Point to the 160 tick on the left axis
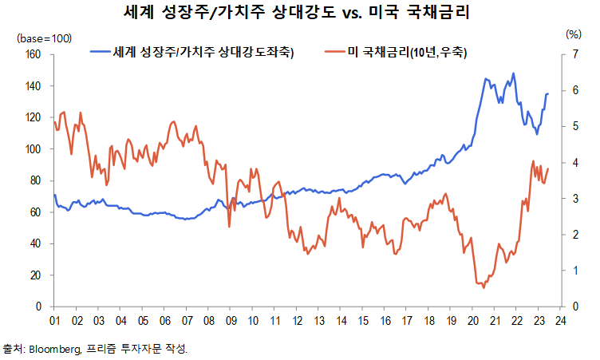[x=33, y=54]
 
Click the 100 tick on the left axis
[x=33, y=149]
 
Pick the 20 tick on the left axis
[x=35, y=275]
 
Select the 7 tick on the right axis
[x=572, y=54]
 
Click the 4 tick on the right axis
[x=572, y=163]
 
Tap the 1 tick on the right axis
[x=572, y=271]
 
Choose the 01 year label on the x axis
[x=54, y=320]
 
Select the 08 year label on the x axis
[x=208, y=320]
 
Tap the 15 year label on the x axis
[x=363, y=320]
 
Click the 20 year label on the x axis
[x=473, y=320]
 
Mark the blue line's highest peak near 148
[x=513, y=73]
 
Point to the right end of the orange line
[x=549, y=168]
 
